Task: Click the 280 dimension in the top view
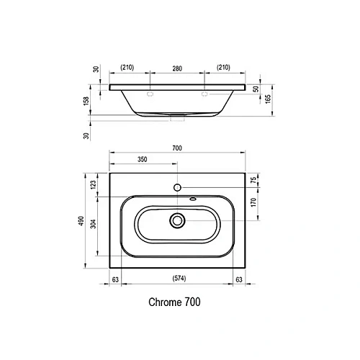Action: (177, 68)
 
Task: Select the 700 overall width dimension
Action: (177, 148)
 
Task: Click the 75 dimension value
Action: (253, 180)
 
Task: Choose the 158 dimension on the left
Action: (86, 102)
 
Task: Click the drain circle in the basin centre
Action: (177, 220)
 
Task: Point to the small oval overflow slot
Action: (192, 199)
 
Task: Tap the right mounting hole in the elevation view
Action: (204, 94)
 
